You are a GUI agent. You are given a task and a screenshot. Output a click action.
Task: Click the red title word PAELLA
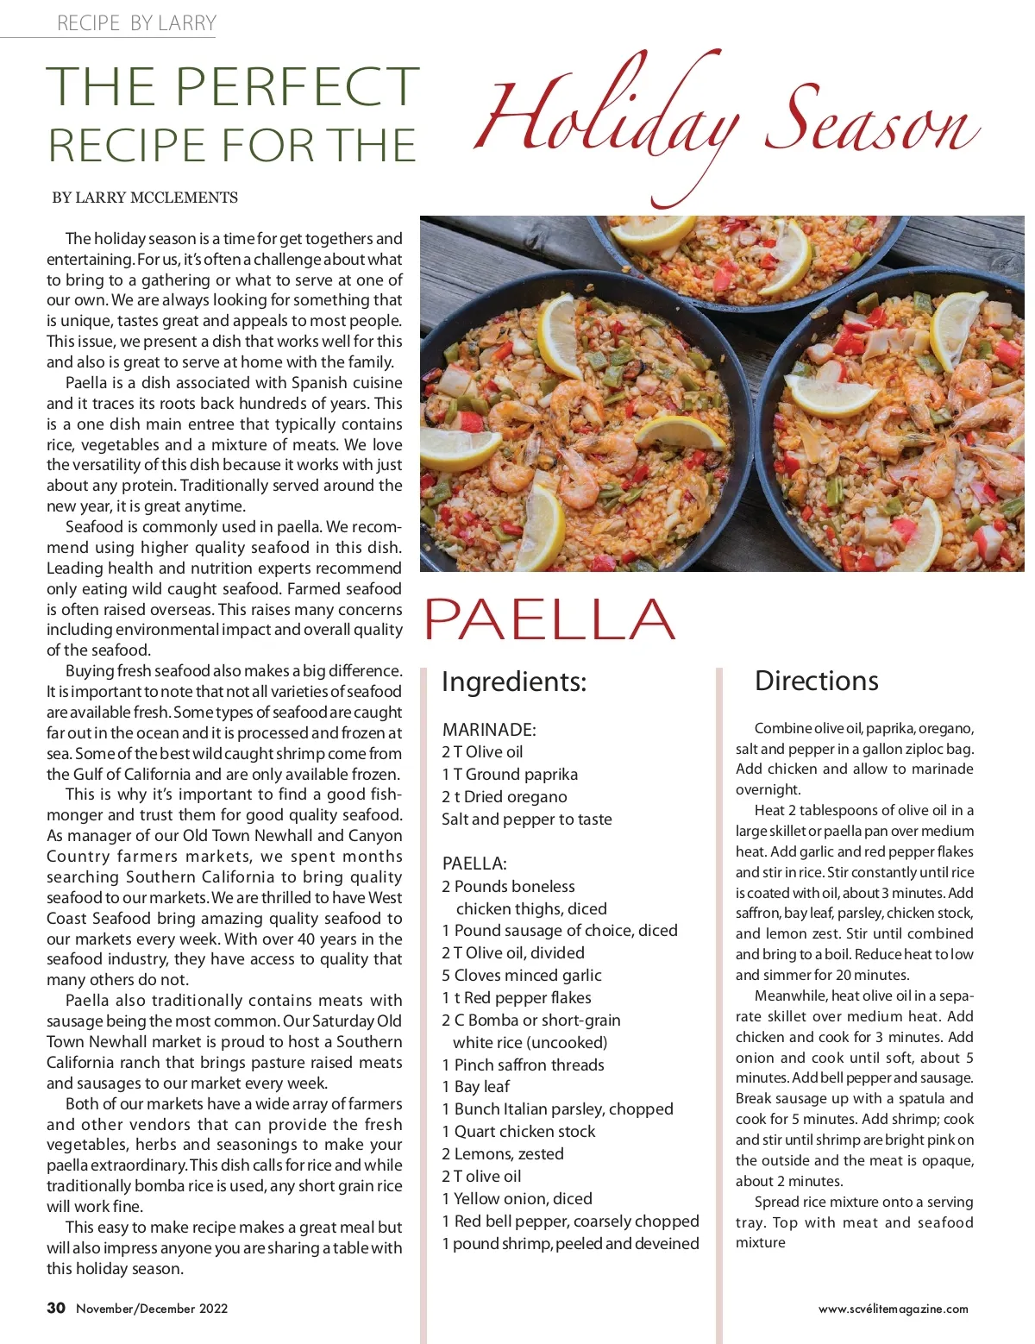click(x=549, y=619)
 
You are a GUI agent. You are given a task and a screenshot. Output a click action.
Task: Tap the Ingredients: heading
click(x=513, y=681)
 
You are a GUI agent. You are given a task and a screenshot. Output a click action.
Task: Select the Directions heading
click(x=816, y=681)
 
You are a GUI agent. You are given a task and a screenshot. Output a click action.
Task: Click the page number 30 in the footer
click(x=56, y=1308)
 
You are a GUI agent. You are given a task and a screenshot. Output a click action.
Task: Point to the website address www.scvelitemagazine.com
click(x=893, y=1309)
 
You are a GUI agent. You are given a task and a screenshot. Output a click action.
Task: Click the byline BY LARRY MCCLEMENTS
click(x=145, y=198)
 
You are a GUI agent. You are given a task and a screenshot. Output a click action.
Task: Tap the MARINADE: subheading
click(x=489, y=730)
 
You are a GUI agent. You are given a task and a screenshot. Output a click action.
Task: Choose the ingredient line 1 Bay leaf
click(x=475, y=1086)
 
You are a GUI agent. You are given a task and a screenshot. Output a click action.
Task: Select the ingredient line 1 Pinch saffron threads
click(x=523, y=1065)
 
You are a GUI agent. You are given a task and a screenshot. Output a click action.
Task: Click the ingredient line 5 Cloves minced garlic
click(x=522, y=975)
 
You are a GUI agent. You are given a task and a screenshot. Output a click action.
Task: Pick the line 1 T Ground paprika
click(x=510, y=775)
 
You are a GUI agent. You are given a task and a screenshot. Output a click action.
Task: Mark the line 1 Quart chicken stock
click(x=518, y=1131)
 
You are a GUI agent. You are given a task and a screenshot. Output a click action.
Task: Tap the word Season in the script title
click(x=871, y=121)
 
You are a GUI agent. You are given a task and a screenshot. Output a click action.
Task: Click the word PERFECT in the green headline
click(x=298, y=86)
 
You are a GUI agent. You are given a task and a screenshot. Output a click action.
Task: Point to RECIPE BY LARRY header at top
click(x=136, y=23)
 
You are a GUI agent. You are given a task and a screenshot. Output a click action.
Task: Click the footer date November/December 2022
click(x=152, y=1309)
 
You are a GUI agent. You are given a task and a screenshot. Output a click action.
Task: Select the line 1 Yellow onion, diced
click(x=517, y=1198)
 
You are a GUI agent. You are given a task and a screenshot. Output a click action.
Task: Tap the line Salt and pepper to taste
click(x=526, y=820)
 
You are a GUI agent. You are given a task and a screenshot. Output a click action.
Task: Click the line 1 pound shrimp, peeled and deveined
click(x=570, y=1243)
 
